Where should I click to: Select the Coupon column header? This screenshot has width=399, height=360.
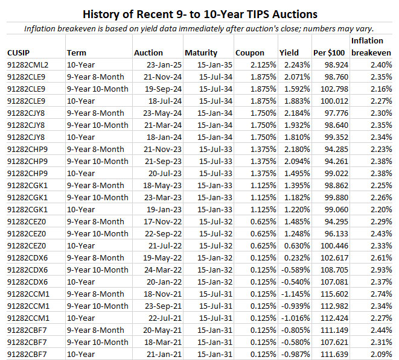click(x=249, y=53)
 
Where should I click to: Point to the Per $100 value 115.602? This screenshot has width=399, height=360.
click(x=331, y=294)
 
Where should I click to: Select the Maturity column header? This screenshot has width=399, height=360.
click(x=201, y=53)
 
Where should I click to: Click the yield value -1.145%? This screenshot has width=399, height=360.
click(x=293, y=294)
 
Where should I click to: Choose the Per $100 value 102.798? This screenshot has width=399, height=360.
click(x=331, y=89)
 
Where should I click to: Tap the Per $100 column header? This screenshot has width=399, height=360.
click(x=328, y=53)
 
